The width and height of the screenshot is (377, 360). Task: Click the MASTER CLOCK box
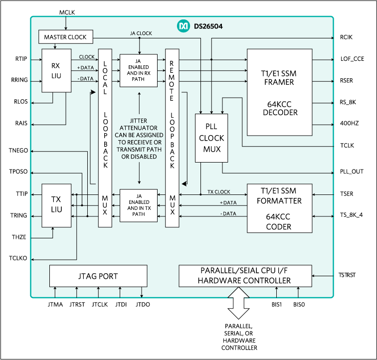coord(65,37)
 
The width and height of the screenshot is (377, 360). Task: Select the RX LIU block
coord(56,70)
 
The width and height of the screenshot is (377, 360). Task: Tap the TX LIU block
coord(56,205)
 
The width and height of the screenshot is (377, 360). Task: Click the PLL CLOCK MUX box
coord(211,138)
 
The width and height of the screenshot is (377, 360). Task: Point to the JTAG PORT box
coord(98,276)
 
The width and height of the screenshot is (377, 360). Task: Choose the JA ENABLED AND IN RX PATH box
coord(138,70)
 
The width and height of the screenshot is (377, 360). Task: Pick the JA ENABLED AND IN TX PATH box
coord(138,205)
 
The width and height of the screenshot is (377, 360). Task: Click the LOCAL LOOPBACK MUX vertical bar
coord(105,138)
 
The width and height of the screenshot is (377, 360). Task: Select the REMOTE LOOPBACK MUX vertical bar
coord(172,138)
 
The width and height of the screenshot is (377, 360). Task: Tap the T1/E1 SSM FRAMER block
coord(279,92)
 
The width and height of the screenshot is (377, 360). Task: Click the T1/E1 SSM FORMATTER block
coord(279,208)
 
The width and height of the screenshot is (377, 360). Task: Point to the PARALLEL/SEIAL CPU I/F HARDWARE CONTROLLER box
coord(244,276)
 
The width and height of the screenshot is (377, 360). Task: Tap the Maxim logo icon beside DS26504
coord(184,24)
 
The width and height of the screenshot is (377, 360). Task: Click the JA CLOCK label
coord(141,33)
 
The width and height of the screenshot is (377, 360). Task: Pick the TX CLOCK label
coord(219,192)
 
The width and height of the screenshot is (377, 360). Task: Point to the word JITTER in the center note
coord(139,121)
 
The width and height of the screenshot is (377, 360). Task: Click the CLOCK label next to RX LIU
coord(86,57)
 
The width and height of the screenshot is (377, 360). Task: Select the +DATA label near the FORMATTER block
coord(228,203)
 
